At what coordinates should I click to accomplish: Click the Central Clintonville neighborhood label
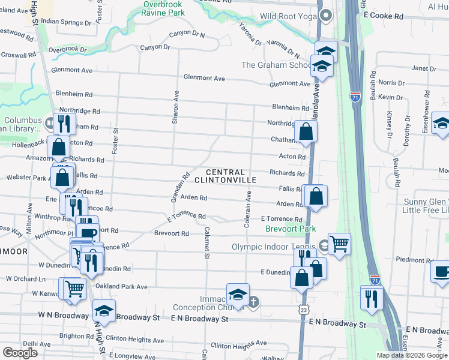coord(232,176)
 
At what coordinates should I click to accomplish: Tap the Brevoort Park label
coord(291,229)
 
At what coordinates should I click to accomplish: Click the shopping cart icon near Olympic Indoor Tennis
coord(339,244)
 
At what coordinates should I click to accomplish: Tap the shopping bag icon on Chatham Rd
coord(306,132)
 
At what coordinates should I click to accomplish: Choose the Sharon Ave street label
coord(176,107)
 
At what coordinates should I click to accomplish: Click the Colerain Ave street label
coord(247,209)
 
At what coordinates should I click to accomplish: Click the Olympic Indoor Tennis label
coord(274,246)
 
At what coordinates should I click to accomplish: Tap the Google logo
coord(20,353)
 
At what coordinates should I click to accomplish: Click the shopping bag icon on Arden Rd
coord(316,196)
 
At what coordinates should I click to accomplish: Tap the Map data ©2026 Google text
coord(412,355)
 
